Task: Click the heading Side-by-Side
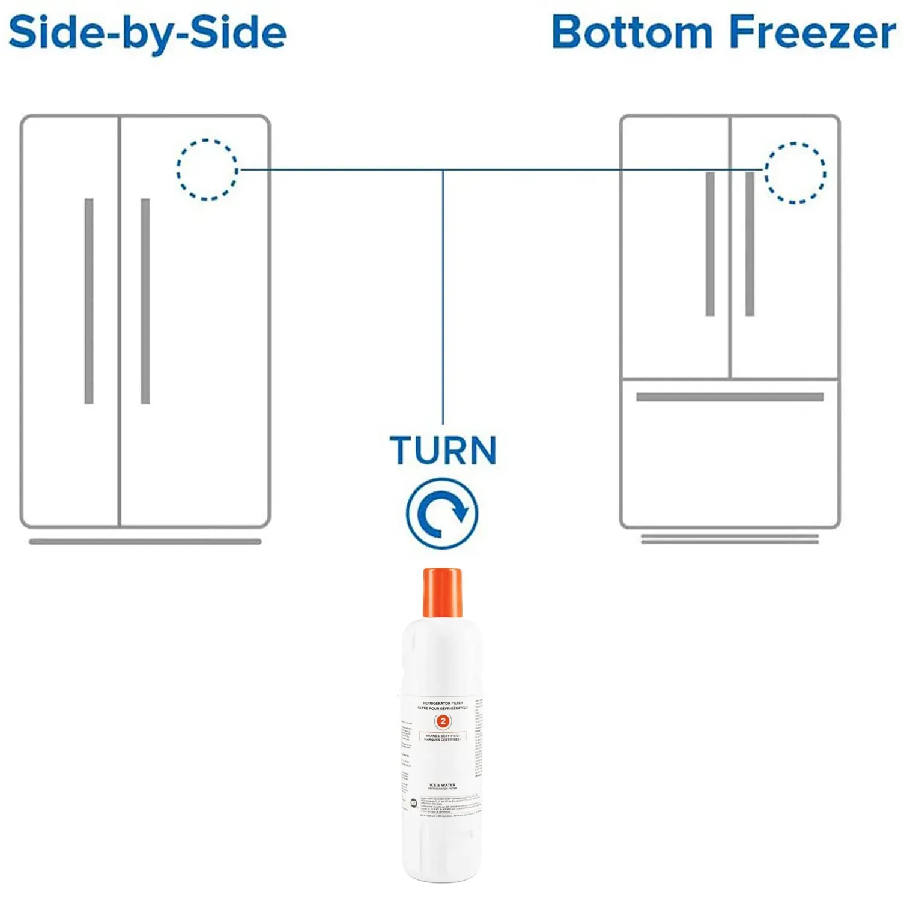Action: pyautogui.click(x=147, y=33)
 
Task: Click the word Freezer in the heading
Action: pyautogui.click(x=812, y=33)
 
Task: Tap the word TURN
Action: pyautogui.click(x=443, y=450)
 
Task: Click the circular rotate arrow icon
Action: pyautogui.click(x=442, y=514)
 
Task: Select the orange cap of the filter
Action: pyautogui.click(x=443, y=592)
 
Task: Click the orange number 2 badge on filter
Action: pyautogui.click(x=443, y=721)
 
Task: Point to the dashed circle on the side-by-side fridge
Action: pyautogui.click(x=207, y=170)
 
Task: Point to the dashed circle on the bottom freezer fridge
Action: pyautogui.click(x=795, y=173)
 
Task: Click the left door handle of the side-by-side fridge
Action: pyautogui.click(x=89, y=300)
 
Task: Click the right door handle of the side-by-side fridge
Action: pyautogui.click(x=145, y=300)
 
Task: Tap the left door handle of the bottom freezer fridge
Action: pyautogui.click(x=710, y=243)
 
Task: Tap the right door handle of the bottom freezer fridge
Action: pyautogui.click(x=750, y=243)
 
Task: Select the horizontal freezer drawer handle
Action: pyautogui.click(x=729, y=397)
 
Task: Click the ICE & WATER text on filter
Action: pyautogui.click(x=443, y=785)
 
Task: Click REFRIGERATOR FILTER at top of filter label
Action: pyautogui.click(x=443, y=703)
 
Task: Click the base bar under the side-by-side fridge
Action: pyautogui.click(x=145, y=542)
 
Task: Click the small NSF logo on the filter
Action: pyautogui.click(x=413, y=803)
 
